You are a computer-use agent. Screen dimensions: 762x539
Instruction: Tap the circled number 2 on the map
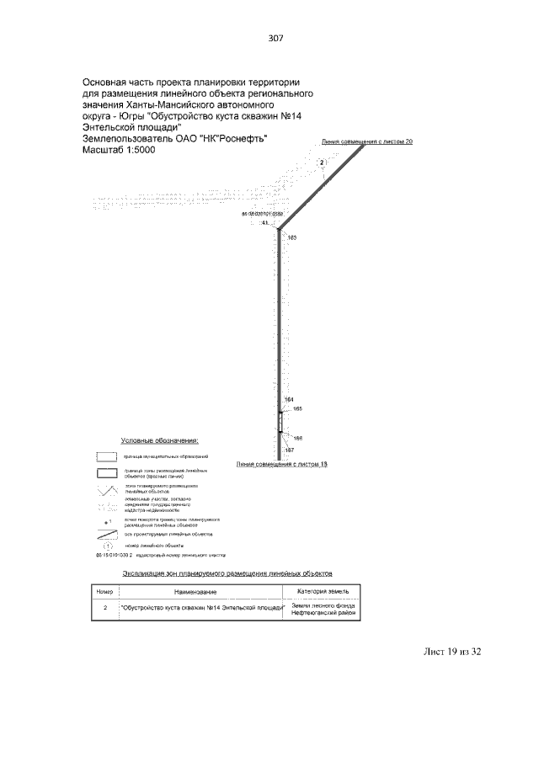pos(321,163)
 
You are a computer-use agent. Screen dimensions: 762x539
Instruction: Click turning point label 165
pos(296,408)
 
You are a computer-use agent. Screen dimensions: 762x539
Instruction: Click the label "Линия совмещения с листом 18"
pos(281,464)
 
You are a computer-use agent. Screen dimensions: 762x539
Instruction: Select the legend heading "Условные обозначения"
pos(160,440)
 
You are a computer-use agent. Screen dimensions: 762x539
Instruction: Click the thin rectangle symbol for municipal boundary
pos(107,456)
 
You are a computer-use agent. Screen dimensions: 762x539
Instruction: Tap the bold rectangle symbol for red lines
pos(107,472)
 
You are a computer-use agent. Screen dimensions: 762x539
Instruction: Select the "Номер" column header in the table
pos(104,592)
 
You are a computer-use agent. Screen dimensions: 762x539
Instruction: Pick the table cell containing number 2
pos(104,609)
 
